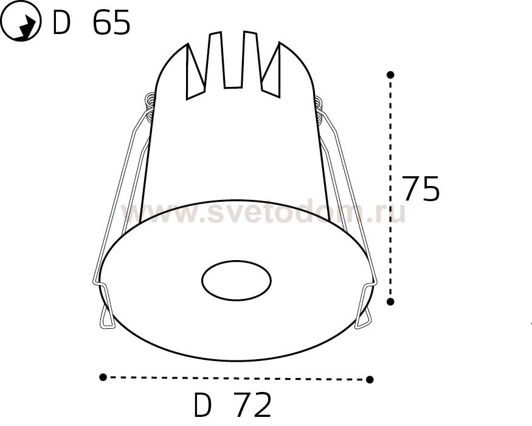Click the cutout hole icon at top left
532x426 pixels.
21,21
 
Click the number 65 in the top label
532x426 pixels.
111,22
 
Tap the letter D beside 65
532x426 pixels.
61,22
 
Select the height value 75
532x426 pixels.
421,189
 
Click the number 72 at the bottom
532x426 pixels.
254,405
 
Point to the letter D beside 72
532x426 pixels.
202,405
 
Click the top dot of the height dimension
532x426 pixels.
390,74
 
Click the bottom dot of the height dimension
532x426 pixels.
390,301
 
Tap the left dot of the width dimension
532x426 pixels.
103,377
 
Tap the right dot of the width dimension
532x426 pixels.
370,379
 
